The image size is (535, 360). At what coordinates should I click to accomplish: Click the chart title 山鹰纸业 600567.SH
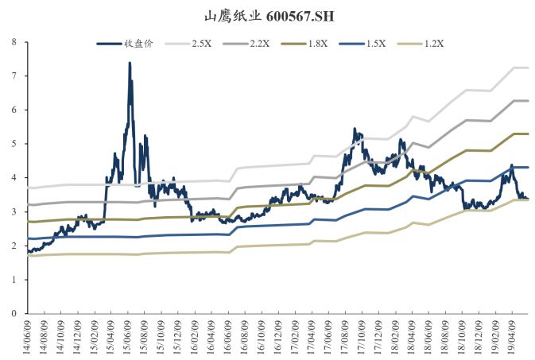pos(267,15)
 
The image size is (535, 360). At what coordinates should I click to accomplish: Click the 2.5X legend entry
pos(201,44)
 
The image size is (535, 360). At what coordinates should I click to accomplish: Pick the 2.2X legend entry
pos(270,44)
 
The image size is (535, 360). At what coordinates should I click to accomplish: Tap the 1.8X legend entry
pos(339,44)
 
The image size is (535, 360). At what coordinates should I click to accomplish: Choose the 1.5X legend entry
pos(407,44)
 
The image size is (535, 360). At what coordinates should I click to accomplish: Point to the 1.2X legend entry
pos(475,44)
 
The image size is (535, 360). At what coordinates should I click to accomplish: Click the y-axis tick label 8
pos(14,42)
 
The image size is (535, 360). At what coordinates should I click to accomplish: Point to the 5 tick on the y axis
pos(14,144)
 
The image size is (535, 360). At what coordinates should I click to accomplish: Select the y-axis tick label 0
pos(14,314)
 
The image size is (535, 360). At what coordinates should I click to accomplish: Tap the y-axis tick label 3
pos(14,212)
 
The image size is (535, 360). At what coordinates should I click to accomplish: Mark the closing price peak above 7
pos(130,63)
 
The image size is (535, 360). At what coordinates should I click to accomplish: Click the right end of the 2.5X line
pos(529,68)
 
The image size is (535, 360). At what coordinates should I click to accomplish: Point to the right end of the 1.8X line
pos(529,134)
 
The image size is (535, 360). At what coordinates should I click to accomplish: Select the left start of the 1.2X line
pos(29,255)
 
